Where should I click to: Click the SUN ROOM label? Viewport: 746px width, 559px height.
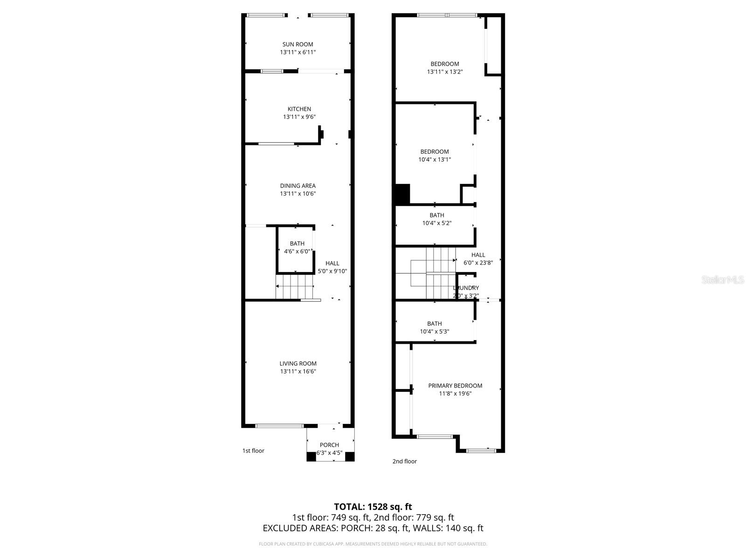(x=297, y=44)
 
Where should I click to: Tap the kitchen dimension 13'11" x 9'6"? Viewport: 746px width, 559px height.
(x=299, y=117)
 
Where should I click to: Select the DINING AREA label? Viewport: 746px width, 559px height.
(x=297, y=186)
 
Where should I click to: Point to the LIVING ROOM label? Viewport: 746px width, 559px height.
(x=298, y=363)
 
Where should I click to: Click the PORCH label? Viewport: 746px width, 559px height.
(x=329, y=445)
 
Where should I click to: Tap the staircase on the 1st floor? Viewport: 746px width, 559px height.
(x=294, y=286)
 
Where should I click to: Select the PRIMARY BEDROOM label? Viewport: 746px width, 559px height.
(x=455, y=386)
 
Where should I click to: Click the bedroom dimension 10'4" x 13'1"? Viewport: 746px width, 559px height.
(x=435, y=159)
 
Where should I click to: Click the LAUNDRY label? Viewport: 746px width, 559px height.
(x=466, y=288)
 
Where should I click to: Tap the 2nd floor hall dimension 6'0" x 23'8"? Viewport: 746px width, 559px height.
(x=478, y=263)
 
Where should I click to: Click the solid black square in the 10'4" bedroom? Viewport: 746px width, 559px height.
(x=402, y=194)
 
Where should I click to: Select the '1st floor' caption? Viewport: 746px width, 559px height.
(x=253, y=450)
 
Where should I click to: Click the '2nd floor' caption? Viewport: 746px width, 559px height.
(x=404, y=461)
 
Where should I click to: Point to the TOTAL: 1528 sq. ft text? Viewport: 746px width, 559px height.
(x=373, y=506)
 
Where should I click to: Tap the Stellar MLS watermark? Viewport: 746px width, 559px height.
(x=723, y=279)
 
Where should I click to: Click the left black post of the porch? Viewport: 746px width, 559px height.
(x=311, y=457)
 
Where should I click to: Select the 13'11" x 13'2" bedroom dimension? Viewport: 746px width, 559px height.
(x=445, y=72)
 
